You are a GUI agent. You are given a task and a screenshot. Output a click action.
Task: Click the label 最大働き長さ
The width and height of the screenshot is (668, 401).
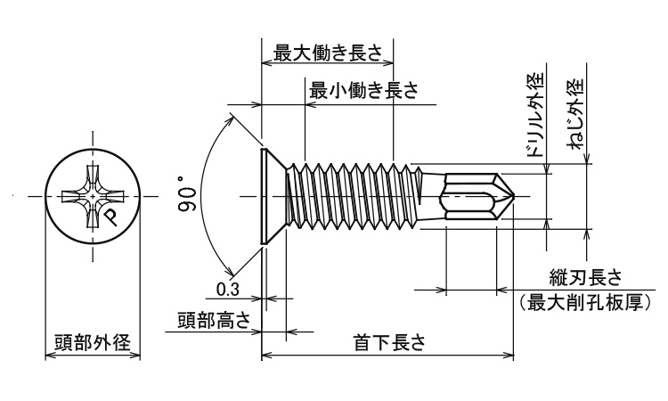[328, 53]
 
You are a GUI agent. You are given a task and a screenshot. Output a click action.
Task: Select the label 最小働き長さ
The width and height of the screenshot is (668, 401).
[363, 90]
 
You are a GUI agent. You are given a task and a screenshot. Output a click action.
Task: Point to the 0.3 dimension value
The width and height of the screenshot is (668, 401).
[226, 288]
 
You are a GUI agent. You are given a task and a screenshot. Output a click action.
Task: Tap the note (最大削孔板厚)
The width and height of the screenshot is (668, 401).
[585, 303]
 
